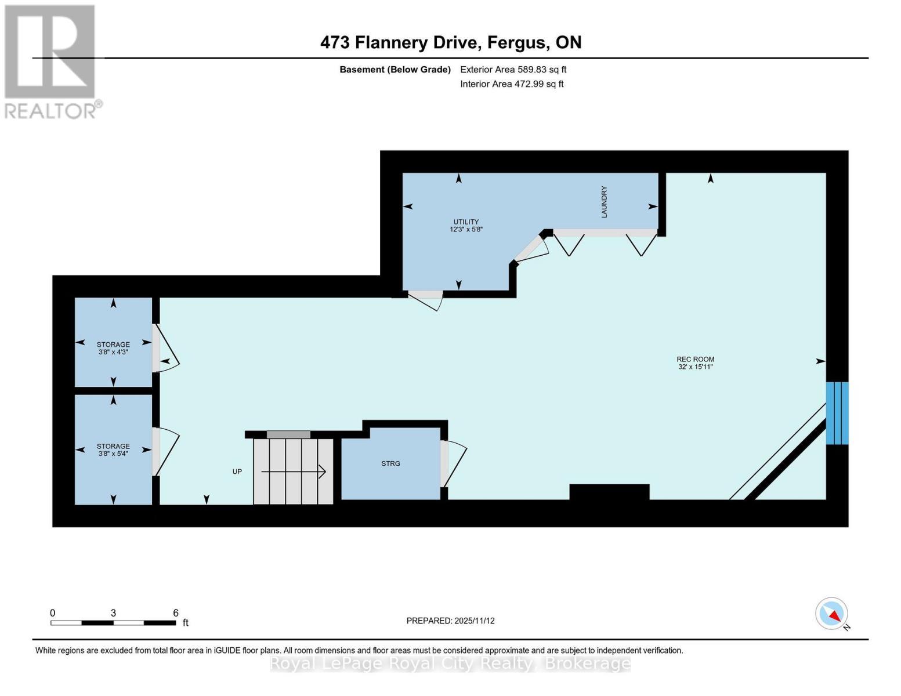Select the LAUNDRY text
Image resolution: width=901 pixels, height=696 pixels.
(x=604, y=202)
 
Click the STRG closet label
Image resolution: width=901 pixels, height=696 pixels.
(x=390, y=463)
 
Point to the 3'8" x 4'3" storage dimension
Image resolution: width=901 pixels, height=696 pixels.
(x=113, y=352)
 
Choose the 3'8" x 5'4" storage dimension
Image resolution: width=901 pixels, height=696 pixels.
(x=113, y=454)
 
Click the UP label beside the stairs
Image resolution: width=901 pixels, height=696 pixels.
(x=237, y=472)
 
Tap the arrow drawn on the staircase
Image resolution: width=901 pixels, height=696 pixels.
(x=294, y=472)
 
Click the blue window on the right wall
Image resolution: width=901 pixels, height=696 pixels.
(x=837, y=413)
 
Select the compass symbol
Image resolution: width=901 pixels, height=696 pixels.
(x=831, y=613)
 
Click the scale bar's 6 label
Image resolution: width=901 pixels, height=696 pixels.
(x=176, y=613)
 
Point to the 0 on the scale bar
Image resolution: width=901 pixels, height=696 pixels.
(x=53, y=613)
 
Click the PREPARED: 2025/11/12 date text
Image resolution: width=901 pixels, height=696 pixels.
(x=450, y=621)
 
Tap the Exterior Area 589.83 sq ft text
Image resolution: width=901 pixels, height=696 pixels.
(x=513, y=70)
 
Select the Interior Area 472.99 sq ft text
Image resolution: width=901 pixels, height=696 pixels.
(x=512, y=84)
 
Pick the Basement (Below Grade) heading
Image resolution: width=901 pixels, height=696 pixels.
(x=395, y=70)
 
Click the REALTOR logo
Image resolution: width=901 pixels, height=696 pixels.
(x=50, y=61)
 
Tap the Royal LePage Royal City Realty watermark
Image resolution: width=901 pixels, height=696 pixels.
(x=450, y=664)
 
